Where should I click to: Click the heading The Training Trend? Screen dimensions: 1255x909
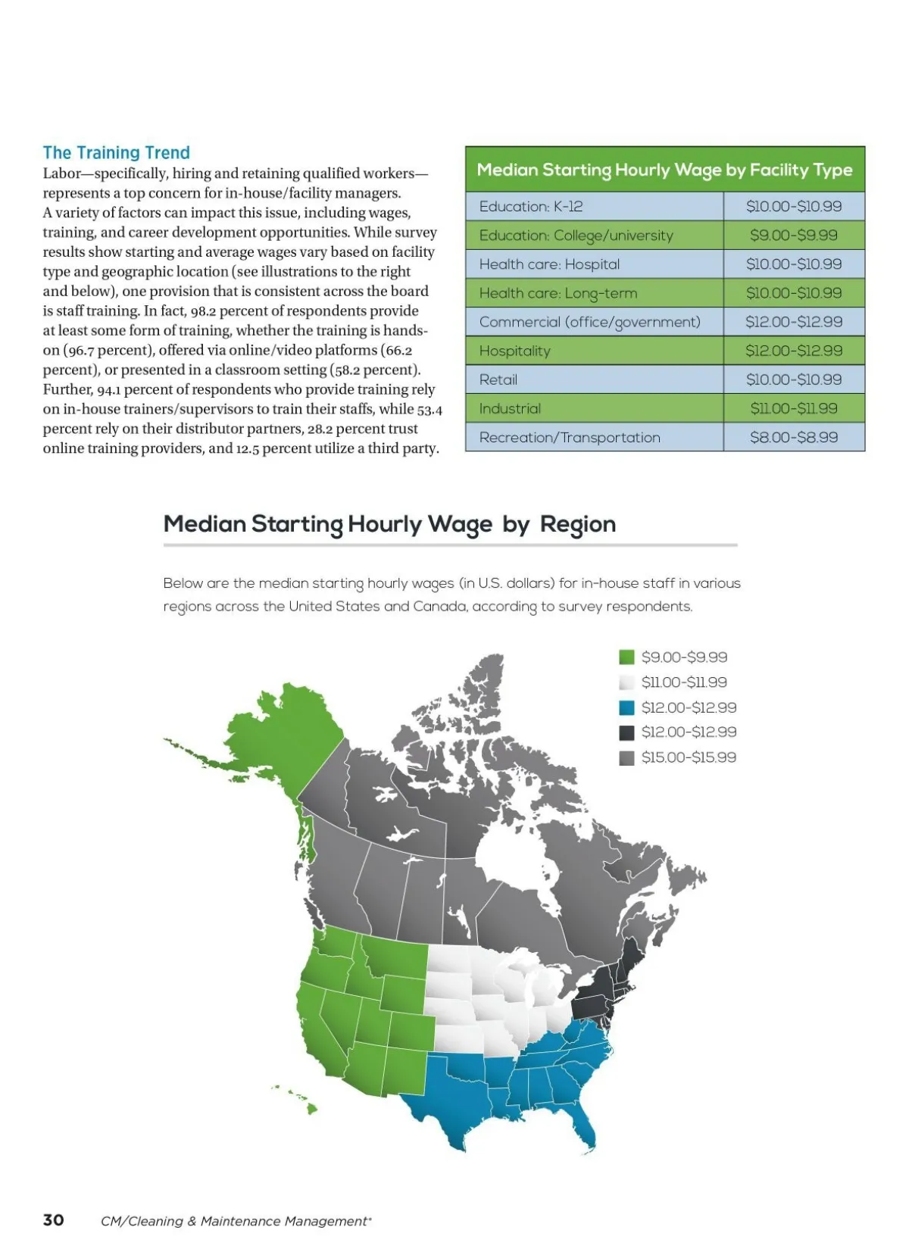[116, 152]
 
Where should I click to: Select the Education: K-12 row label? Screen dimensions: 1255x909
[530, 206]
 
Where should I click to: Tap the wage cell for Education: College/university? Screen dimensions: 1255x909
[793, 235]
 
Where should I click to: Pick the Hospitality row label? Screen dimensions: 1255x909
[514, 351]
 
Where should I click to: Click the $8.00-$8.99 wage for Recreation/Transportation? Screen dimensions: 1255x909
[793, 437]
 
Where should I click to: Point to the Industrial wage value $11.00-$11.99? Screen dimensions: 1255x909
[793, 408]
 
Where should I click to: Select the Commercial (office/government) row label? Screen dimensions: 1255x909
[589, 322]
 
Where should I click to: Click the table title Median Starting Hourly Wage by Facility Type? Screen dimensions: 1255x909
[664, 170]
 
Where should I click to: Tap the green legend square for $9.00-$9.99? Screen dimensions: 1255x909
[626, 657]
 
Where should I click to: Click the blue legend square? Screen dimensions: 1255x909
[626, 707]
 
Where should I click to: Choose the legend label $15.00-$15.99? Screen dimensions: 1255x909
[688, 757]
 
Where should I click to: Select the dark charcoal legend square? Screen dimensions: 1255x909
[626, 732]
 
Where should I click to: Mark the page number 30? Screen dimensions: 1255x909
[53, 1219]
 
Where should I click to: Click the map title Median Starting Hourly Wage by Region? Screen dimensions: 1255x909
[389, 524]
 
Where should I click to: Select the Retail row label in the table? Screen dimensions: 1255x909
[498, 379]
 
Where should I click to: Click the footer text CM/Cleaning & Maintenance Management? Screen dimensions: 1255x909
[235, 1221]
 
